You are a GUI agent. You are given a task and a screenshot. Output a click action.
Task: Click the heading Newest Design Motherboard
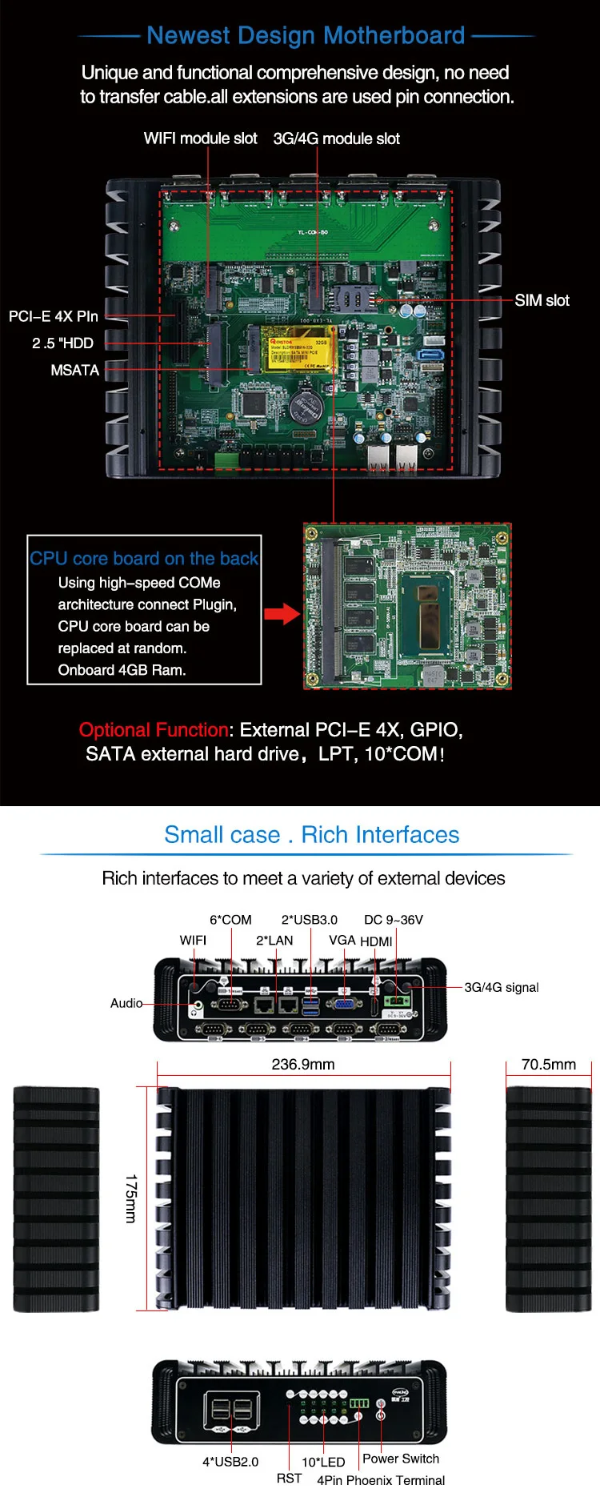pos(306,36)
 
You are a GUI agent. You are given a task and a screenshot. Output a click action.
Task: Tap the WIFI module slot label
pos(200,138)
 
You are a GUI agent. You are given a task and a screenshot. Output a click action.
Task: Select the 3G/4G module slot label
pos(336,138)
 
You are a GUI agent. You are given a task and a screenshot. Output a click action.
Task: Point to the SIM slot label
pos(542,300)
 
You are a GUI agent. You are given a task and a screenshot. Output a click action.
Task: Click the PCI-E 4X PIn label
pos(54,316)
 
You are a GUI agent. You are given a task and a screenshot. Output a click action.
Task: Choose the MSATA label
pos(75,370)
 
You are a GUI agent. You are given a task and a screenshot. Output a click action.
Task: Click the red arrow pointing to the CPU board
pos(282,614)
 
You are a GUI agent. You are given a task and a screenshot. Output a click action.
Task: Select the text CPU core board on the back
pos(144,558)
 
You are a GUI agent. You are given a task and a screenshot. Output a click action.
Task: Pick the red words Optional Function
pos(154,730)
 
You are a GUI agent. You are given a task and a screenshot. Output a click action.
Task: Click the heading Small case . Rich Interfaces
pos(311,835)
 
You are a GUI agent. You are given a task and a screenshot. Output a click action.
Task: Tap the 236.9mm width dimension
pos(303,1064)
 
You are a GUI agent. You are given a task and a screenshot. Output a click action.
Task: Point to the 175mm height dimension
pos(131,1198)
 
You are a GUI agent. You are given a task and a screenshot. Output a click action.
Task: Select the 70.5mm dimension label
pos(548,1064)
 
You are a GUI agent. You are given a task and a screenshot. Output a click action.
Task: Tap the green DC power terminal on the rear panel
pos(396,1001)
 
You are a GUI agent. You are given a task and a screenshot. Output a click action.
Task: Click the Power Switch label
pos(401,1459)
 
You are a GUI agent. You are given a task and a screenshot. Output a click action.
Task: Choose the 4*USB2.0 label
pos(230,1462)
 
